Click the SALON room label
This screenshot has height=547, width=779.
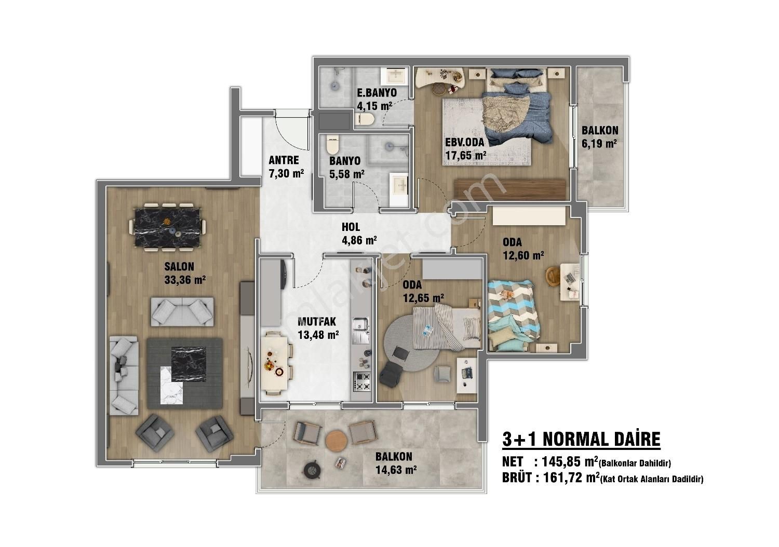click(179, 267)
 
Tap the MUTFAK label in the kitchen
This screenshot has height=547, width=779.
click(317, 322)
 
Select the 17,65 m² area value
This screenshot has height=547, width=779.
click(466, 155)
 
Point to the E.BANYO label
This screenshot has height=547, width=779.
click(377, 93)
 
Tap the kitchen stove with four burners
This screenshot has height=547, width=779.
click(361, 381)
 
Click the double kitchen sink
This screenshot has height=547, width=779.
click(361, 330)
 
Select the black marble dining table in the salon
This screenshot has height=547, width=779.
click(167, 227)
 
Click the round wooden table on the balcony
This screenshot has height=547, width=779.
click(337, 441)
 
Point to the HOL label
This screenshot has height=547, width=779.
click(351, 227)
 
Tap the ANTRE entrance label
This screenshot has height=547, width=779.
click(284, 160)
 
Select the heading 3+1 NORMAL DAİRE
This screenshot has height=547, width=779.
click(581, 439)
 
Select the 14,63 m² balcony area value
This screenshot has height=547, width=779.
click(396, 470)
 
